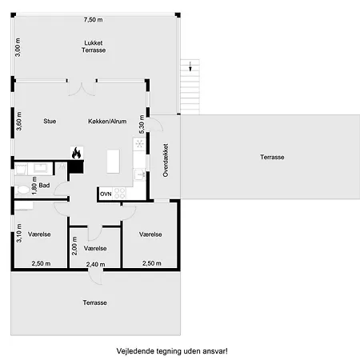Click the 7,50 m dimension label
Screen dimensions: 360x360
click(x=93, y=19)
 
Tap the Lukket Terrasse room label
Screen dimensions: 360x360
click(x=94, y=46)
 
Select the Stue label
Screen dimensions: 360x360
click(x=50, y=121)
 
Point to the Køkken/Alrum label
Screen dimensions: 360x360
click(x=107, y=122)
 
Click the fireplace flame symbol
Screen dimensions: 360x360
click(x=77, y=153)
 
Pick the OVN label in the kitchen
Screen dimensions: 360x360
click(x=106, y=194)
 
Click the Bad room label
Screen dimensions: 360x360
click(x=44, y=185)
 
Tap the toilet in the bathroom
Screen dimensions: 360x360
click(x=23, y=190)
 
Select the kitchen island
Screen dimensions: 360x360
click(x=114, y=162)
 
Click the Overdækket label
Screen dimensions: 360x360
click(x=166, y=160)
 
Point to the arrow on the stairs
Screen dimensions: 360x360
click(x=190, y=66)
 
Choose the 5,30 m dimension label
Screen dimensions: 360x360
click(x=142, y=124)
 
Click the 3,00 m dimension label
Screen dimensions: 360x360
click(x=18, y=47)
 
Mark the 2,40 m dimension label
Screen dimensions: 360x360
click(x=95, y=264)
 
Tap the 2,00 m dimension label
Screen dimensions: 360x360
click(x=74, y=246)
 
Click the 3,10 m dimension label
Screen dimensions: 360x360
click(x=19, y=233)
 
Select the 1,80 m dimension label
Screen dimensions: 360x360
click(x=34, y=186)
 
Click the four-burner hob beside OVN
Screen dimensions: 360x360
click(x=119, y=194)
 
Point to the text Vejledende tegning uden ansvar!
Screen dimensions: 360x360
click(x=172, y=351)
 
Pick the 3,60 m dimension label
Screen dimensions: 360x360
click(x=19, y=121)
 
